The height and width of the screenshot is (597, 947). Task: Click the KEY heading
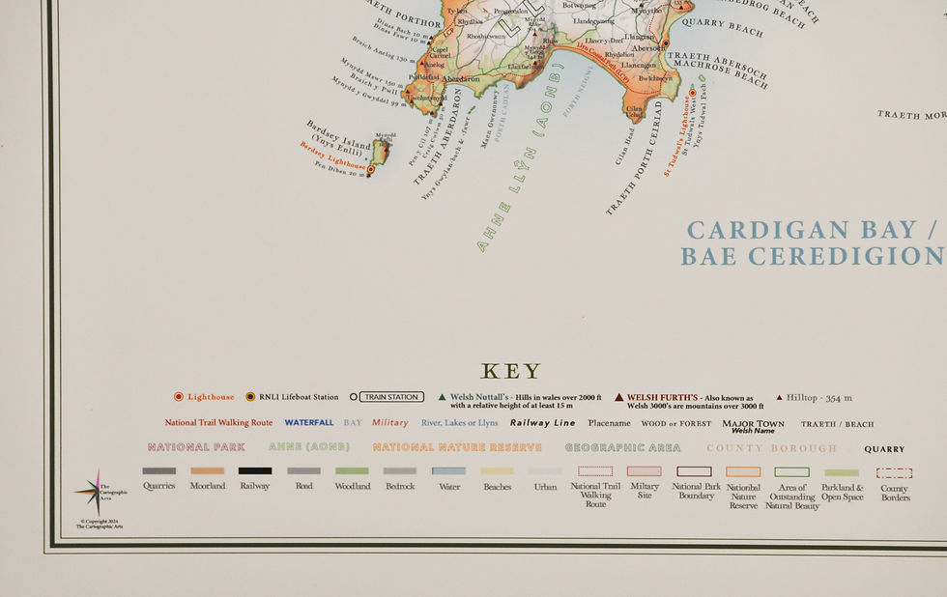pyautogui.click(x=511, y=372)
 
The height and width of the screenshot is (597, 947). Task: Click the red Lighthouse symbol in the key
pyautogui.click(x=179, y=397)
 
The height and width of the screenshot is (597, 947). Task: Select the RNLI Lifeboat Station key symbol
pyautogui.click(x=250, y=397)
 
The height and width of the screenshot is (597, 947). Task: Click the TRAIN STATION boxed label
pyautogui.click(x=391, y=397)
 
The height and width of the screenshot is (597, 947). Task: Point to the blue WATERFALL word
pyautogui.click(x=309, y=423)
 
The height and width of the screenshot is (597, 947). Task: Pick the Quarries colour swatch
pyautogui.click(x=158, y=471)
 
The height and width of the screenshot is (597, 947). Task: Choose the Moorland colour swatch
pyautogui.click(x=207, y=471)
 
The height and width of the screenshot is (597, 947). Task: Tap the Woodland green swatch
pyautogui.click(x=352, y=471)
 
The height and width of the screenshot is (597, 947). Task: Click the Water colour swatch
pyautogui.click(x=448, y=471)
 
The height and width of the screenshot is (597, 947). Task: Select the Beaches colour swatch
pyautogui.click(x=497, y=471)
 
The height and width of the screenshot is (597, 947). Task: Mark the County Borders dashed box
pyautogui.click(x=894, y=473)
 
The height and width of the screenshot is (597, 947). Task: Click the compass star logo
pyautogui.click(x=98, y=492)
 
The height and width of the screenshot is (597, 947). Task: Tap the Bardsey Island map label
pyautogui.click(x=339, y=137)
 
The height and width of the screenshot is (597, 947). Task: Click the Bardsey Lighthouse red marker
pyautogui.click(x=370, y=170)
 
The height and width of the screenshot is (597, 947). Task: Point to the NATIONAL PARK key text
pyautogui.click(x=196, y=447)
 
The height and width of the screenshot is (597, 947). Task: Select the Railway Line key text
pyautogui.click(x=542, y=423)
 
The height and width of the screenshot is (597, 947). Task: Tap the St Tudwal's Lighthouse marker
pyautogui.click(x=692, y=93)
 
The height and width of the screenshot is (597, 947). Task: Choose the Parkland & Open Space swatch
pyautogui.click(x=842, y=472)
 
